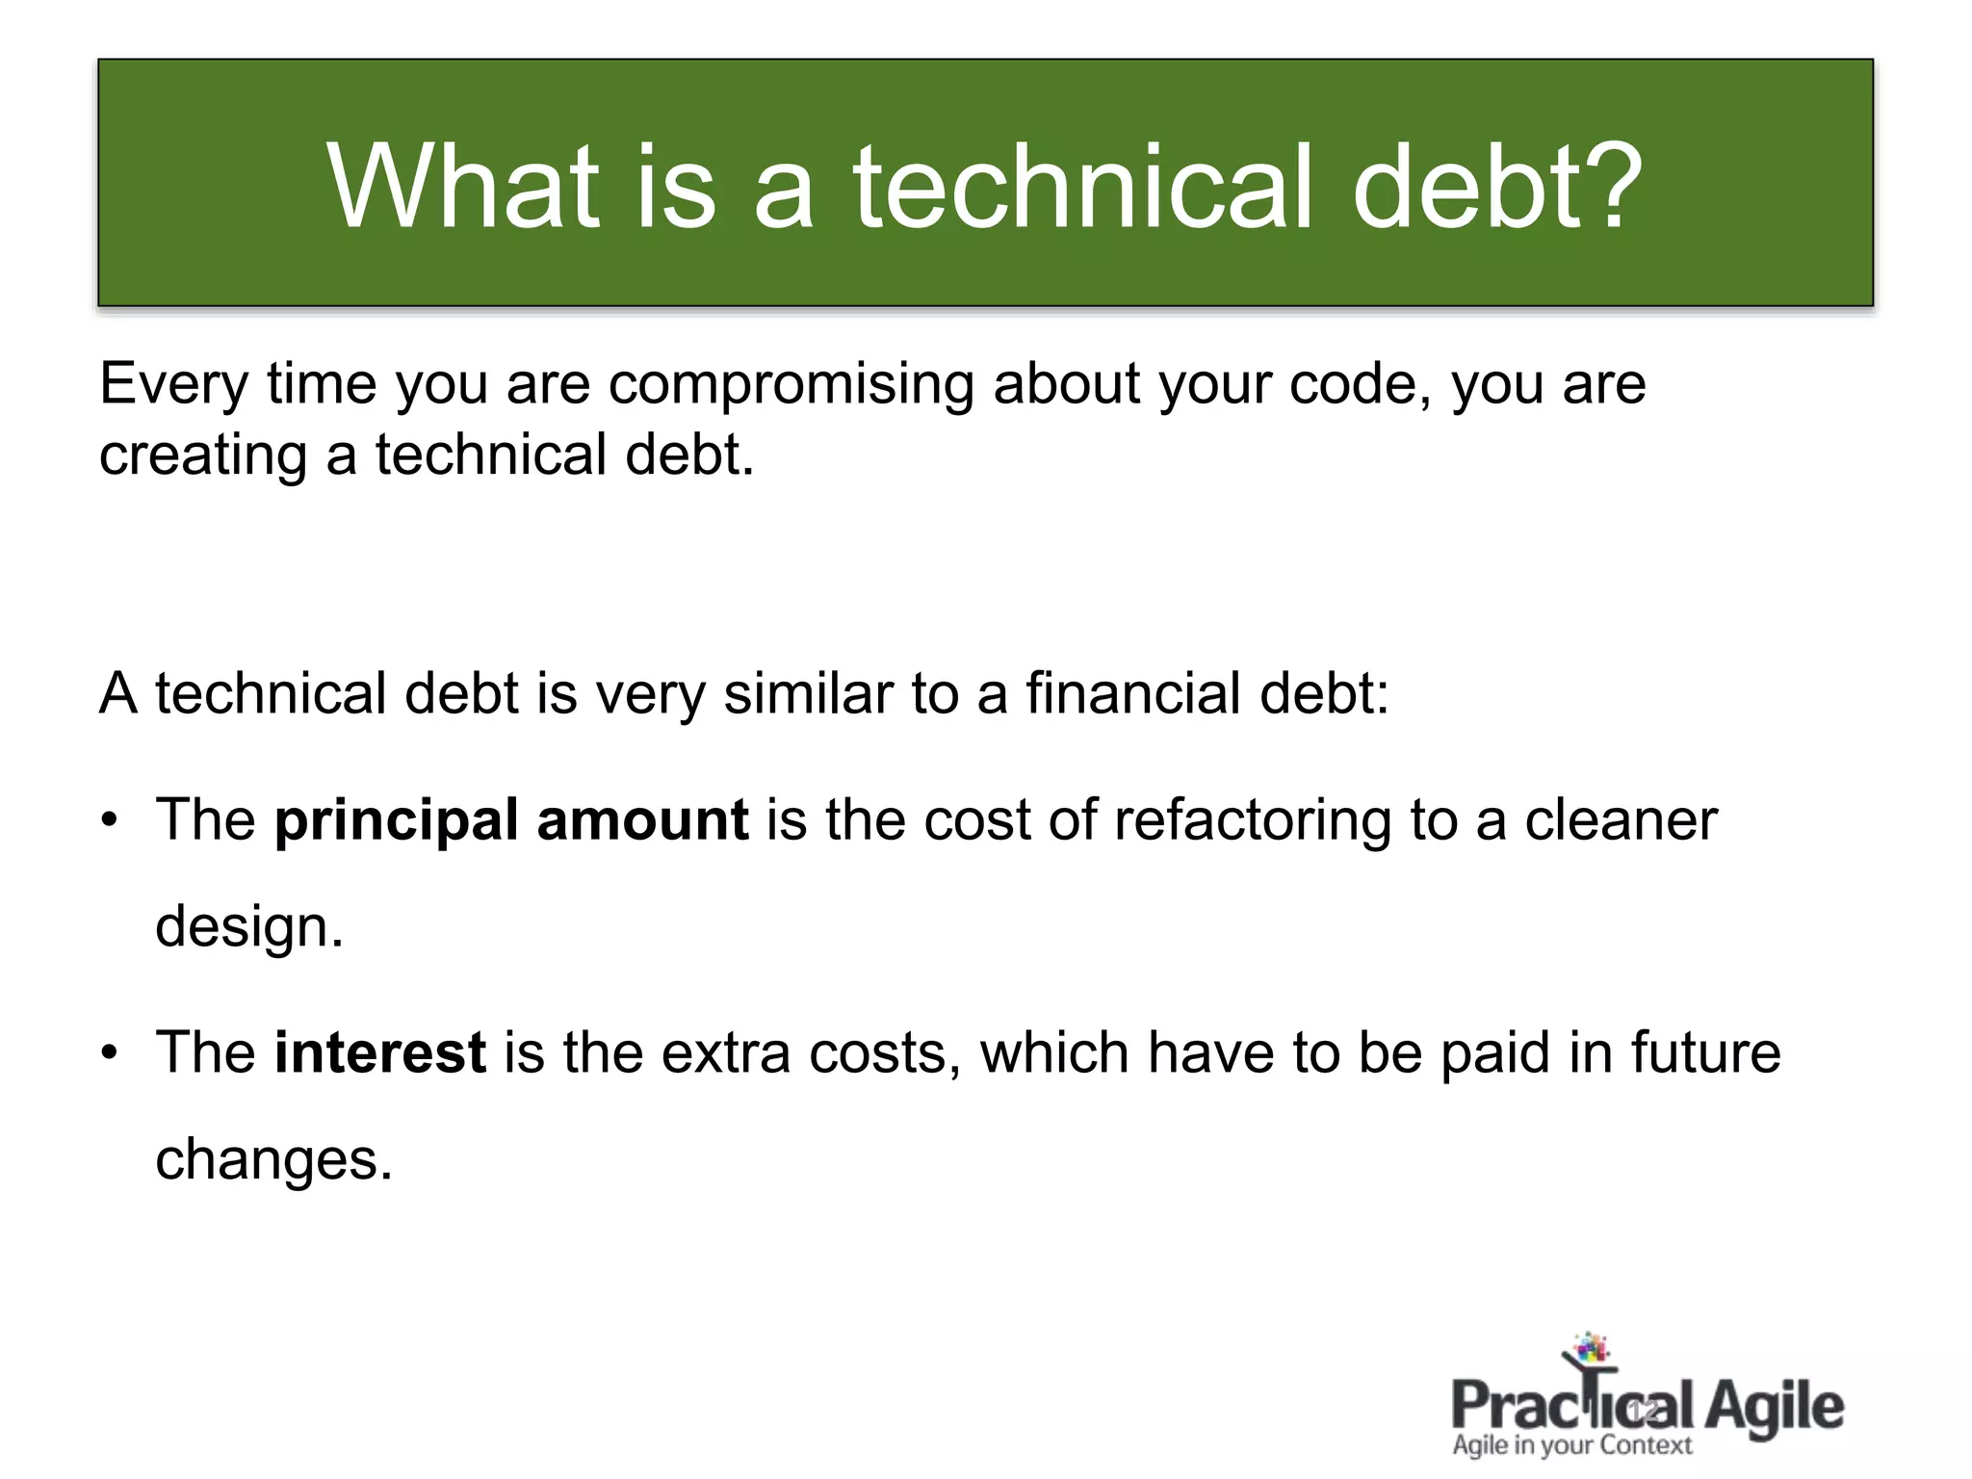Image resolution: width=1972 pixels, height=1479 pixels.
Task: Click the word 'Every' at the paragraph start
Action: click(x=173, y=385)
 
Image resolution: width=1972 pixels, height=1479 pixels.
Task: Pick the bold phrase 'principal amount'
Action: click(x=511, y=820)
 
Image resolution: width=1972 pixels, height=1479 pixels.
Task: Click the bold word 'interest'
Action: click(x=379, y=1052)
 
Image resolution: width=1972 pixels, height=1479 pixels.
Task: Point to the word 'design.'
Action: click(x=249, y=927)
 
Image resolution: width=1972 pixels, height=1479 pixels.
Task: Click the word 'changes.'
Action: click(x=274, y=1159)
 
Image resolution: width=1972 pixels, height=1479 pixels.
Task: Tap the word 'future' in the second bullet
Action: click(x=1705, y=1052)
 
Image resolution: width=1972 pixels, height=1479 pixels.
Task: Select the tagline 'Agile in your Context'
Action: click(x=1571, y=1445)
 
